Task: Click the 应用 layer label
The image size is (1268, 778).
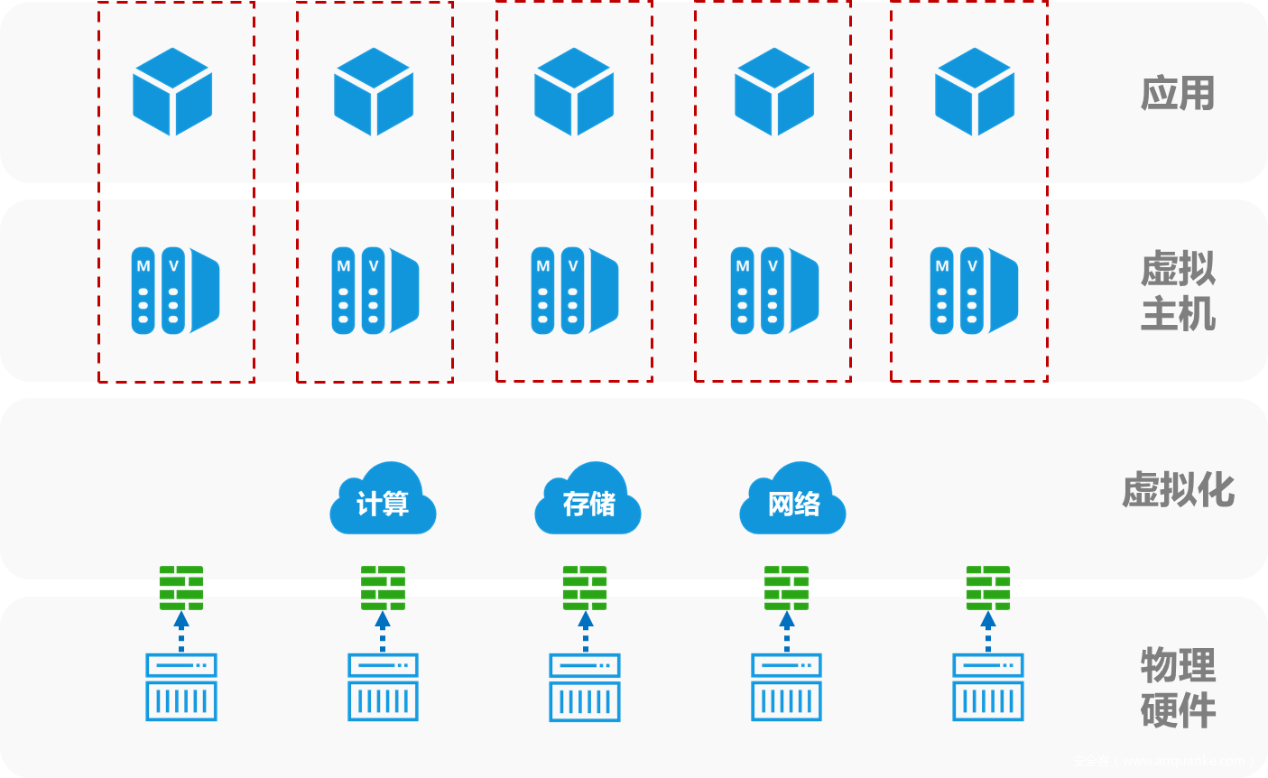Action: coord(1178,93)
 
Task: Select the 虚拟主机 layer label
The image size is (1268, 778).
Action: coord(1178,291)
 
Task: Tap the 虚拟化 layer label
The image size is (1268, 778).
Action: coord(1178,490)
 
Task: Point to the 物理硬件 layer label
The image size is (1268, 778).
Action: coord(1178,688)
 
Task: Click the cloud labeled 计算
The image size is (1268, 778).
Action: coord(383,500)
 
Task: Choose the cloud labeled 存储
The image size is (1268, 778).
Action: coord(588,500)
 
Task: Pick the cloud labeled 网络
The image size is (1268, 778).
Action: coord(792,500)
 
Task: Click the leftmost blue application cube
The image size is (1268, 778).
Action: coord(172,92)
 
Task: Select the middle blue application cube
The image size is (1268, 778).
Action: coord(574,92)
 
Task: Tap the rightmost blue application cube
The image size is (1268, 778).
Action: coord(975,92)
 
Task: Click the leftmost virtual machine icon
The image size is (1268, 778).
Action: coord(175,291)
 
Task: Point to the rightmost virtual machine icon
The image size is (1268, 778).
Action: coord(974,291)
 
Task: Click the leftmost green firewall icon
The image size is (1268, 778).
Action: coord(181,588)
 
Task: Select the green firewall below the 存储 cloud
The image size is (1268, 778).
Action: coord(585,588)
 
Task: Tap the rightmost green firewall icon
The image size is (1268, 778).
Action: coord(988,588)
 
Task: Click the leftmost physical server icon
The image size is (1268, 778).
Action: coord(181,687)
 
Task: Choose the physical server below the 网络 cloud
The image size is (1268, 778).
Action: coord(787,687)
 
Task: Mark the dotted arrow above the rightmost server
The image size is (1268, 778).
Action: coord(988,631)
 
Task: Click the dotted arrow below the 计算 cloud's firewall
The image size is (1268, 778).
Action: coord(383,631)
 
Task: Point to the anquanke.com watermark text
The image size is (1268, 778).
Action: coord(1163,761)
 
